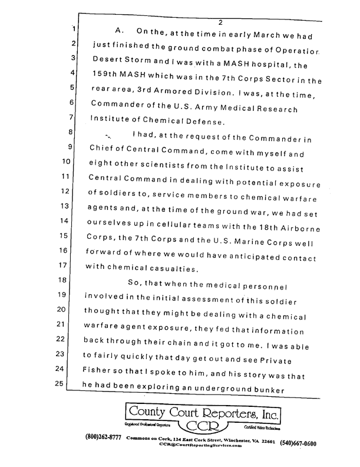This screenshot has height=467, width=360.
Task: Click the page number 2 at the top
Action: (219, 22)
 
